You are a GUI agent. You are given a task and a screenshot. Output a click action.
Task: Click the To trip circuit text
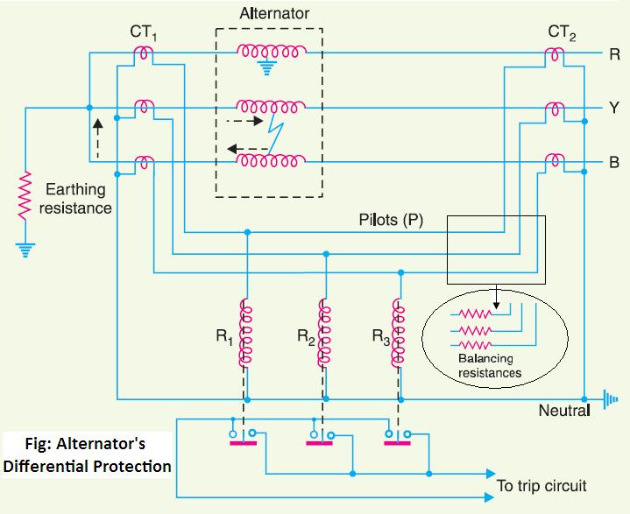coord(541,484)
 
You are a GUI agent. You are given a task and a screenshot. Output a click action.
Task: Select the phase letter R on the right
coord(615,54)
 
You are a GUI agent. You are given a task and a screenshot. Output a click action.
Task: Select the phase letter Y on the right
coord(615,109)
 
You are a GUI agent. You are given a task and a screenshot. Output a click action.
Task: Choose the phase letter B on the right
coord(615,162)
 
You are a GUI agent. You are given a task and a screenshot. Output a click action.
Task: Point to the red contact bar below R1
coord(244,442)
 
